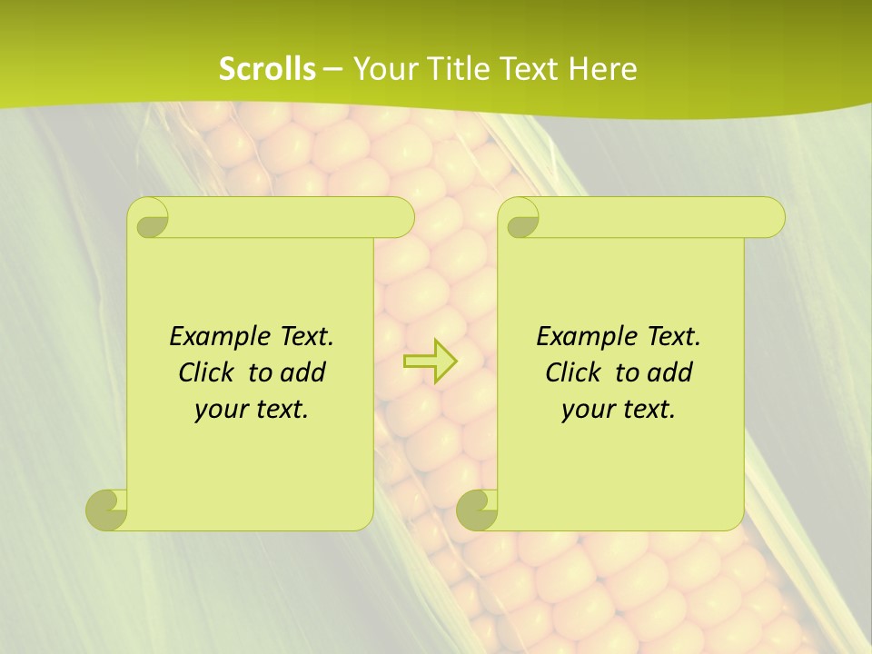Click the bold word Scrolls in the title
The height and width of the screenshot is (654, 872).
267,69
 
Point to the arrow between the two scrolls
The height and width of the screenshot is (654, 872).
430,361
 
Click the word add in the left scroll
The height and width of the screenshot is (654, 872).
302,372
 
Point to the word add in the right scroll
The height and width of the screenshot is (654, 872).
669,372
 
